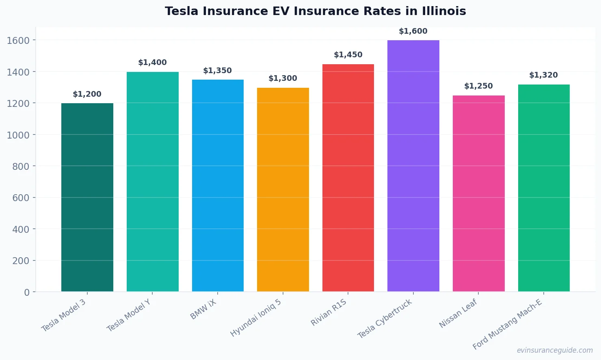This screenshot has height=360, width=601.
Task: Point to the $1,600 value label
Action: [x=413, y=31]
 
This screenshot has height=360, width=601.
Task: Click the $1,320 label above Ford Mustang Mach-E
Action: [x=543, y=75]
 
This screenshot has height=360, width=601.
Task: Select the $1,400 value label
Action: [x=152, y=63]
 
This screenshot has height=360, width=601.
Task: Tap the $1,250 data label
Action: [x=478, y=86]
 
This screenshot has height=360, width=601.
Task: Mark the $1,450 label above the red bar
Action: [x=348, y=55]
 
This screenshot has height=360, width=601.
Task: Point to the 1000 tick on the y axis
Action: [x=18, y=135]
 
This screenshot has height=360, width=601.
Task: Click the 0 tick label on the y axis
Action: [x=27, y=292]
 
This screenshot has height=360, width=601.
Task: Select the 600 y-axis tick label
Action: [x=21, y=198]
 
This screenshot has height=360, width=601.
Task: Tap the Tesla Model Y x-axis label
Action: [x=129, y=315]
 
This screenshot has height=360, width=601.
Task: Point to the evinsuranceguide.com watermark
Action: [x=555, y=350]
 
